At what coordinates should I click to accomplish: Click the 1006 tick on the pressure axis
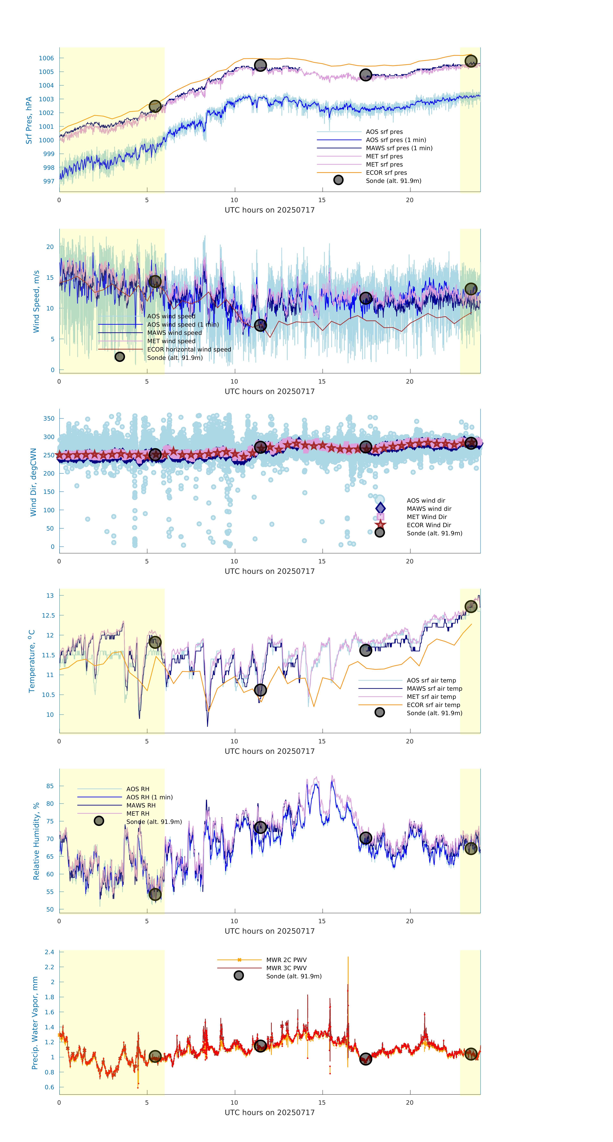coord(46,58)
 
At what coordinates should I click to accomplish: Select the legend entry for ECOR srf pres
coord(386,172)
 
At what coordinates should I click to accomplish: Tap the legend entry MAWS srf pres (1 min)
coord(399,148)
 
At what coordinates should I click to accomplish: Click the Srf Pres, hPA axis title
coord(29,120)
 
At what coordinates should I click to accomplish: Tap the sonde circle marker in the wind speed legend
coord(120,357)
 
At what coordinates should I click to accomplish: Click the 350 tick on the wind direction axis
coord(49,418)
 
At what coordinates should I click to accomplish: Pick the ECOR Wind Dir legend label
coord(429,525)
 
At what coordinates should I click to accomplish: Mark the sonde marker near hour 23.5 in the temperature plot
coord(471,607)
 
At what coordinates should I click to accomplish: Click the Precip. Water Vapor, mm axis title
coord(35,1022)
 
